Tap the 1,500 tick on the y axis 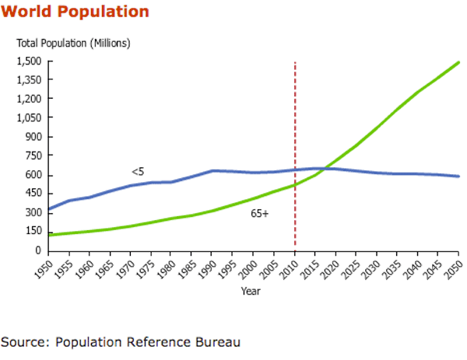[x=29, y=61]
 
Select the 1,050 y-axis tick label [x=29, y=118]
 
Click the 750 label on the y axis [x=33, y=156]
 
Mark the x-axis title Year [x=251, y=292]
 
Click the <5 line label [x=137, y=171]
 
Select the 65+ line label [x=260, y=213]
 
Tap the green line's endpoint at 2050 [x=458, y=62]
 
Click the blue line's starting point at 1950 [x=49, y=209]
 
